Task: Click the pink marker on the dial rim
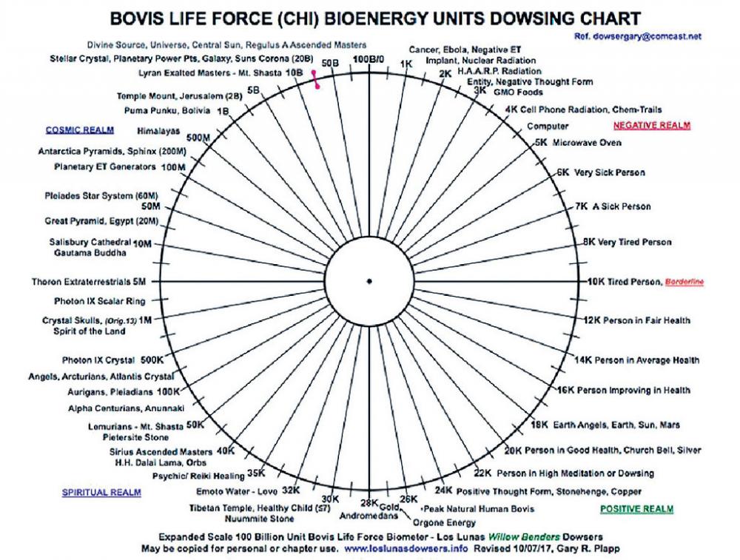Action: (315, 79)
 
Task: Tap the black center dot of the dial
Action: (369, 282)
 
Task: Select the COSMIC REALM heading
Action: (80, 129)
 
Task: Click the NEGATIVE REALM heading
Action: (652, 125)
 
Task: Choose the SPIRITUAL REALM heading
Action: (101, 493)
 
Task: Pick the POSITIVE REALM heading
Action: (636, 509)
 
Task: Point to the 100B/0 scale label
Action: (369, 59)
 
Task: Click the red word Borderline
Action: (684, 282)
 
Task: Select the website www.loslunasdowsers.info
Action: (406, 549)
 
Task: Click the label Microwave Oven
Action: (587, 143)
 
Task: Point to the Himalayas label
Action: (158, 131)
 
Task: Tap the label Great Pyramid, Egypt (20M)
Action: (101, 220)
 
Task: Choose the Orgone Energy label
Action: (444, 523)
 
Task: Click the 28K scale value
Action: (369, 503)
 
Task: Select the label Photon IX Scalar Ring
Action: (100, 301)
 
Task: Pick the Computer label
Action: (548, 126)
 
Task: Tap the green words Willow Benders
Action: (524, 537)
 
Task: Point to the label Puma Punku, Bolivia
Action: (167, 110)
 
